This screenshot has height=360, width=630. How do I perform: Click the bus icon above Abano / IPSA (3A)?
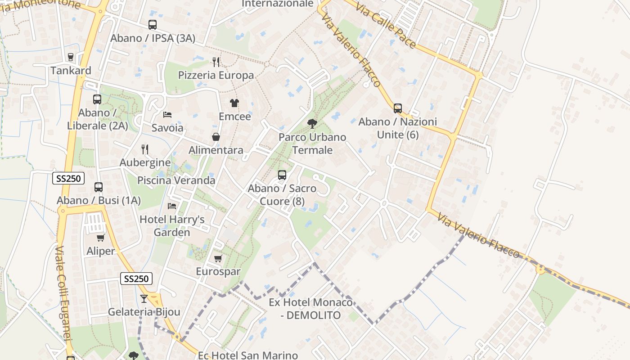click(153, 25)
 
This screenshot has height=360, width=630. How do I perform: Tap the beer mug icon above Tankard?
click(70, 57)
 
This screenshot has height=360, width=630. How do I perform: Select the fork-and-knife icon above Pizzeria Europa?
click(216, 62)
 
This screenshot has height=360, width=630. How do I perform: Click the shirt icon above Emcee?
click(234, 103)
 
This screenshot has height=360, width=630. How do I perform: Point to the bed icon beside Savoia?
click(167, 114)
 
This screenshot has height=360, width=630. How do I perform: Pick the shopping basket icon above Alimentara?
click(216, 137)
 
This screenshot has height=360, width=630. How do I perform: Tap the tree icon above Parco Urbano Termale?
click(312, 123)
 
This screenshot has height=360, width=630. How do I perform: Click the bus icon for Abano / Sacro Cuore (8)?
click(282, 175)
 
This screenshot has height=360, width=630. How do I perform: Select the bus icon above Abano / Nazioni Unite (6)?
click(398, 108)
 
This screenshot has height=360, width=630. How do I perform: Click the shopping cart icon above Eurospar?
click(218, 258)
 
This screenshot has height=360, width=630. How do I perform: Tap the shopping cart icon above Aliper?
click(101, 238)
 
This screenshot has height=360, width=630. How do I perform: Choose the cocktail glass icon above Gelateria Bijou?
click(144, 298)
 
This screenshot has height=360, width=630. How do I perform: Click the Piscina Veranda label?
click(176, 180)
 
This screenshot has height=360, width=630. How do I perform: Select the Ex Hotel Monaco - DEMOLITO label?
click(310, 309)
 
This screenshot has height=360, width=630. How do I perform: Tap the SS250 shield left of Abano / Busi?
click(68, 178)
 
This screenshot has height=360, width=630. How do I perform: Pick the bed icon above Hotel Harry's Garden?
click(172, 206)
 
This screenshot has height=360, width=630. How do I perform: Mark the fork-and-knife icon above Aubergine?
click(145, 149)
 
